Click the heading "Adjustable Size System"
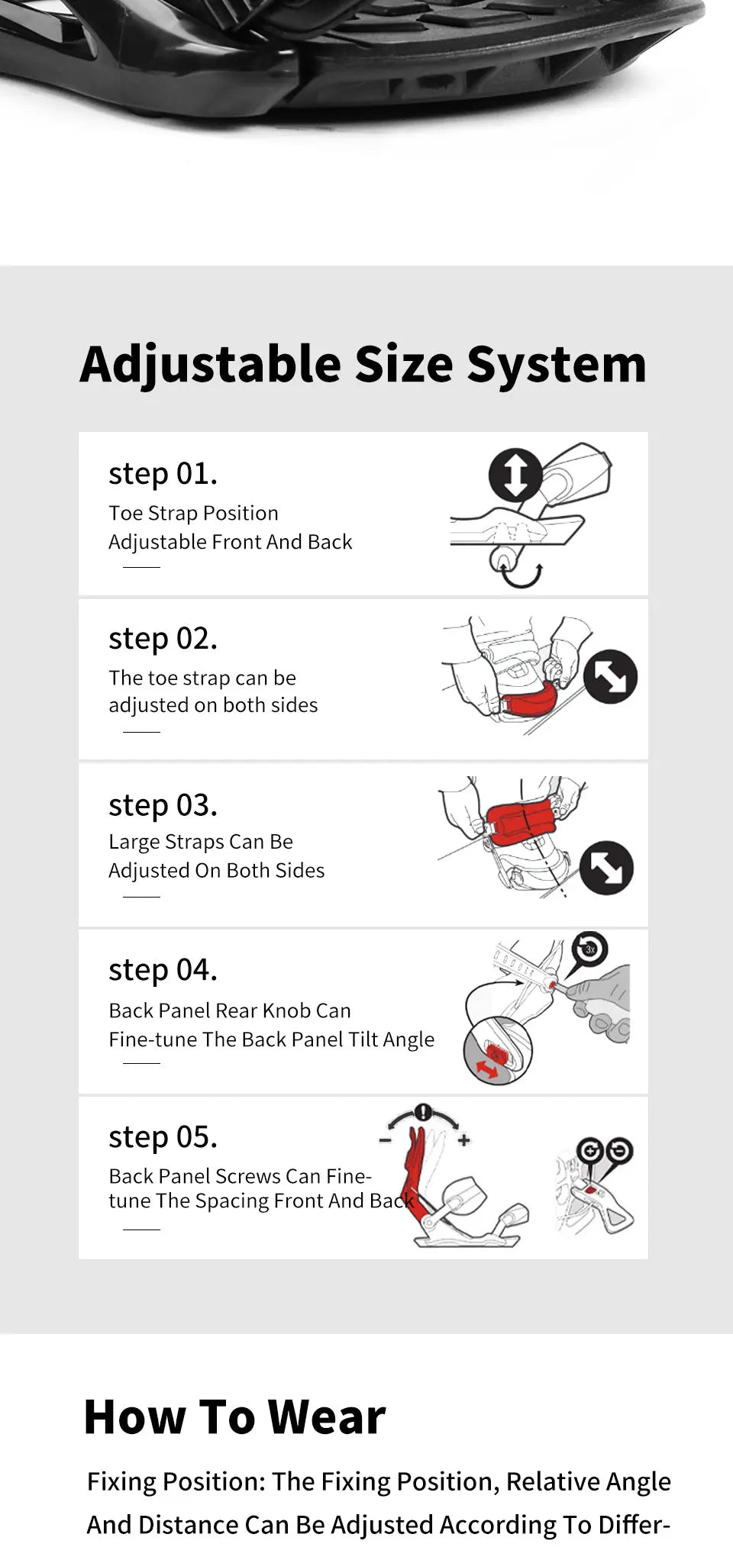pos(363,365)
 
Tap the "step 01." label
pos(163,474)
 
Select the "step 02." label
pos(163,639)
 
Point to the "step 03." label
pos(163,805)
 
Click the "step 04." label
pos(163,970)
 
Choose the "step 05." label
pos(163,1137)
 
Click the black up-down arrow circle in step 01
pos(515,475)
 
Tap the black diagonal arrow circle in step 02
pos(610,676)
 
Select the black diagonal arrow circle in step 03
pos(606,868)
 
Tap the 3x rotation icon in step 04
pos(589,949)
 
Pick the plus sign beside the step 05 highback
pos(463,1140)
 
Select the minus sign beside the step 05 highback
pos(386,1141)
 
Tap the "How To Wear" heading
pos(235,1417)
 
